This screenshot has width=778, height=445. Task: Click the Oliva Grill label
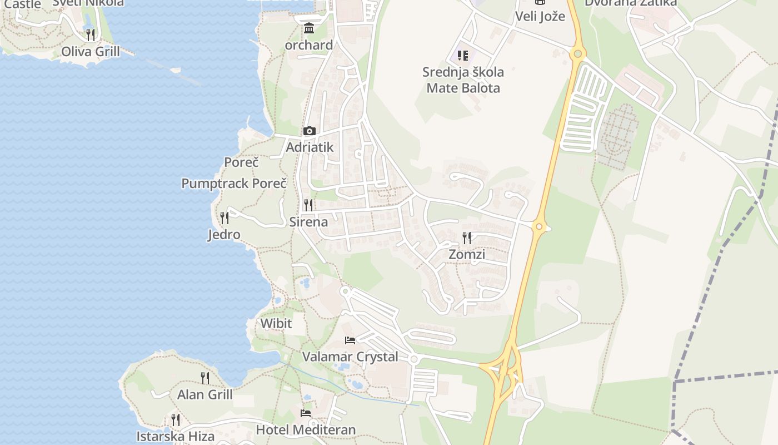(x=90, y=52)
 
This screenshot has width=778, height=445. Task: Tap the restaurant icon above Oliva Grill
(x=91, y=35)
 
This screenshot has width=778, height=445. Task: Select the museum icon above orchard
(x=309, y=28)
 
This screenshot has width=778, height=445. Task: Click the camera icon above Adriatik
(x=310, y=131)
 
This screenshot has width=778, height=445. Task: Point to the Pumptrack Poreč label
(x=234, y=184)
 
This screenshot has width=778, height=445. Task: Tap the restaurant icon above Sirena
(x=308, y=205)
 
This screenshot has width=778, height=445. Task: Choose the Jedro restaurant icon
(x=225, y=217)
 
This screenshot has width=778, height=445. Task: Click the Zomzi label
(x=467, y=255)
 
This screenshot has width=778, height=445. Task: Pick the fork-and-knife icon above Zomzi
(x=467, y=238)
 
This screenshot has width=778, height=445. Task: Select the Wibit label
(x=276, y=323)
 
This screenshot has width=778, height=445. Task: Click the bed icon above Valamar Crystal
(x=350, y=340)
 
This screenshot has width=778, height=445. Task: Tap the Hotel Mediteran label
(x=306, y=430)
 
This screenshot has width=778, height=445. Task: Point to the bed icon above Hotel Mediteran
(x=306, y=413)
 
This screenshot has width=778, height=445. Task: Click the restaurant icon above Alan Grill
(x=205, y=378)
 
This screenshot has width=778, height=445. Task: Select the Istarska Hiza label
(x=176, y=437)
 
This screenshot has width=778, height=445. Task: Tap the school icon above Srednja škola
(x=463, y=55)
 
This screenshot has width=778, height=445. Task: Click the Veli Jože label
(x=540, y=16)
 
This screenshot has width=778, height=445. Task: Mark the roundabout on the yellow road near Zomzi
(x=538, y=227)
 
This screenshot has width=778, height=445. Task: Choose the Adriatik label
(x=310, y=147)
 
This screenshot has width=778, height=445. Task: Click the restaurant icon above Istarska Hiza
(x=176, y=419)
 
